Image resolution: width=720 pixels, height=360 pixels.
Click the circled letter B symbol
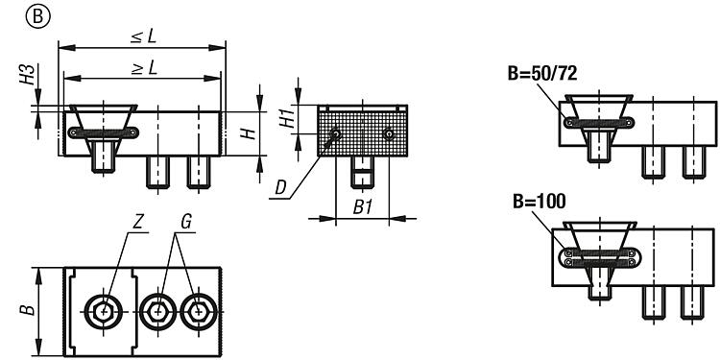pos(38,17)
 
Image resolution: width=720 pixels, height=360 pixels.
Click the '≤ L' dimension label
pos(143,36)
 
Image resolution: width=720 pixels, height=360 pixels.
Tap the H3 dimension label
pos(28,75)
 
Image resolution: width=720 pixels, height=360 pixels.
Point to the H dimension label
pos(248,133)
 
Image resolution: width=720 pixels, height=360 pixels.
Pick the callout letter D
pos(280,188)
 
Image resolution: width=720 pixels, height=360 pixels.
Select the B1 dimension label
pos(362,207)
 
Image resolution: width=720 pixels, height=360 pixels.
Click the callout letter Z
pos(137,223)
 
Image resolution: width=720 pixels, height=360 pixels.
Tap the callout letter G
pos(185,223)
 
